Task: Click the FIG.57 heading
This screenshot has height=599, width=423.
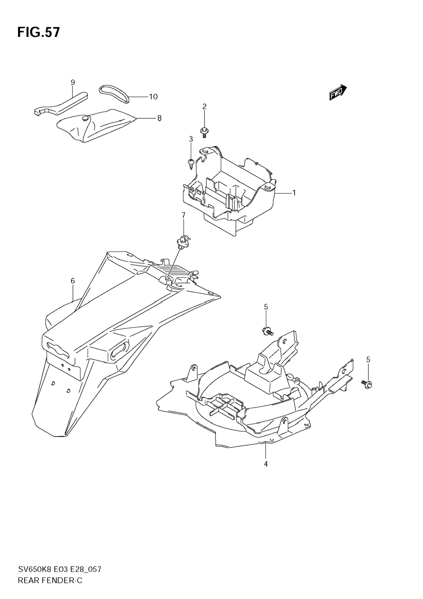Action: point(39,33)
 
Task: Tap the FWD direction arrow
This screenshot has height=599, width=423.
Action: point(338,92)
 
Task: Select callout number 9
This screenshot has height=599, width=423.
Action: point(73,82)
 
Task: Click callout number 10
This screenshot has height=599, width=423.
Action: point(153,97)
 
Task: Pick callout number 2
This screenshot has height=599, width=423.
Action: point(204,106)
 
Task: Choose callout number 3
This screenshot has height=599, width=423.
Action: point(191,139)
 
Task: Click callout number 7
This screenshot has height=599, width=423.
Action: point(183,215)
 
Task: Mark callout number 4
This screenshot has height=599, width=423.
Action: point(266,464)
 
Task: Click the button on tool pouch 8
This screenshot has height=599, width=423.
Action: point(85,119)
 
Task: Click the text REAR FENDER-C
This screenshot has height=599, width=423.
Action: point(50,588)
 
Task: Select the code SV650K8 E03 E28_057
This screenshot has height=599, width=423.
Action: point(60,577)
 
